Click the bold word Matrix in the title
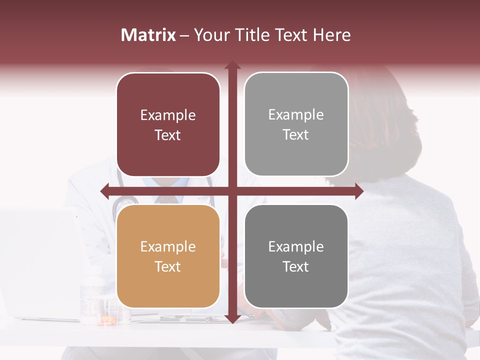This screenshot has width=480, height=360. pyautogui.click(x=148, y=35)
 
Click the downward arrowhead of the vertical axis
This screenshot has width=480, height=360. pyautogui.click(x=232, y=318)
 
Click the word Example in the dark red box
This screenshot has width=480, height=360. pyautogui.click(x=168, y=115)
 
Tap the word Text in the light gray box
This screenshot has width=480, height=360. pyautogui.click(x=296, y=135)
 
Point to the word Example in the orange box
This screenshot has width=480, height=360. pyautogui.click(x=168, y=247)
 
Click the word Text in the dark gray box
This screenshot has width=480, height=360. pyautogui.click(x=296, y=266)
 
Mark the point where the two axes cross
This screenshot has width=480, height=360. pyautogui.click(x=232, y=191)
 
